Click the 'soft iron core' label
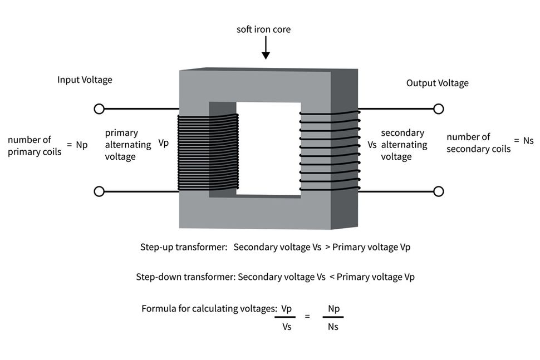coord(263,29)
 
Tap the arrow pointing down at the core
coord(266,48)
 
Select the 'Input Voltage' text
coord(85,80)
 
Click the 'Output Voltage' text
coord(438,83)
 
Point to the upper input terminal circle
coord(99,109)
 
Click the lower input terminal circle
coord(99,191)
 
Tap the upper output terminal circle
coord(439,109)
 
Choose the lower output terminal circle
coord(439,191)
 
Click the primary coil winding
coord(208,152)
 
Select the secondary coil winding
coord(330,151)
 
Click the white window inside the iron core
coord(269,149)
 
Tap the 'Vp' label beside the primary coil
coord(164,142)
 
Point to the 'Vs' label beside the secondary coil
coord(372,145)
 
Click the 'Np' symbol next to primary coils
coord(82,145)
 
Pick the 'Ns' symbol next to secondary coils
coord(528,141)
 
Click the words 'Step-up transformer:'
coord(184,247)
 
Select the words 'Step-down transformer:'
coord(185,277)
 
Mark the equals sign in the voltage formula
coord(307,316)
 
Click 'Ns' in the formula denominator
coord(333,327)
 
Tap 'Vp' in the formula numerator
coord(286,309)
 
